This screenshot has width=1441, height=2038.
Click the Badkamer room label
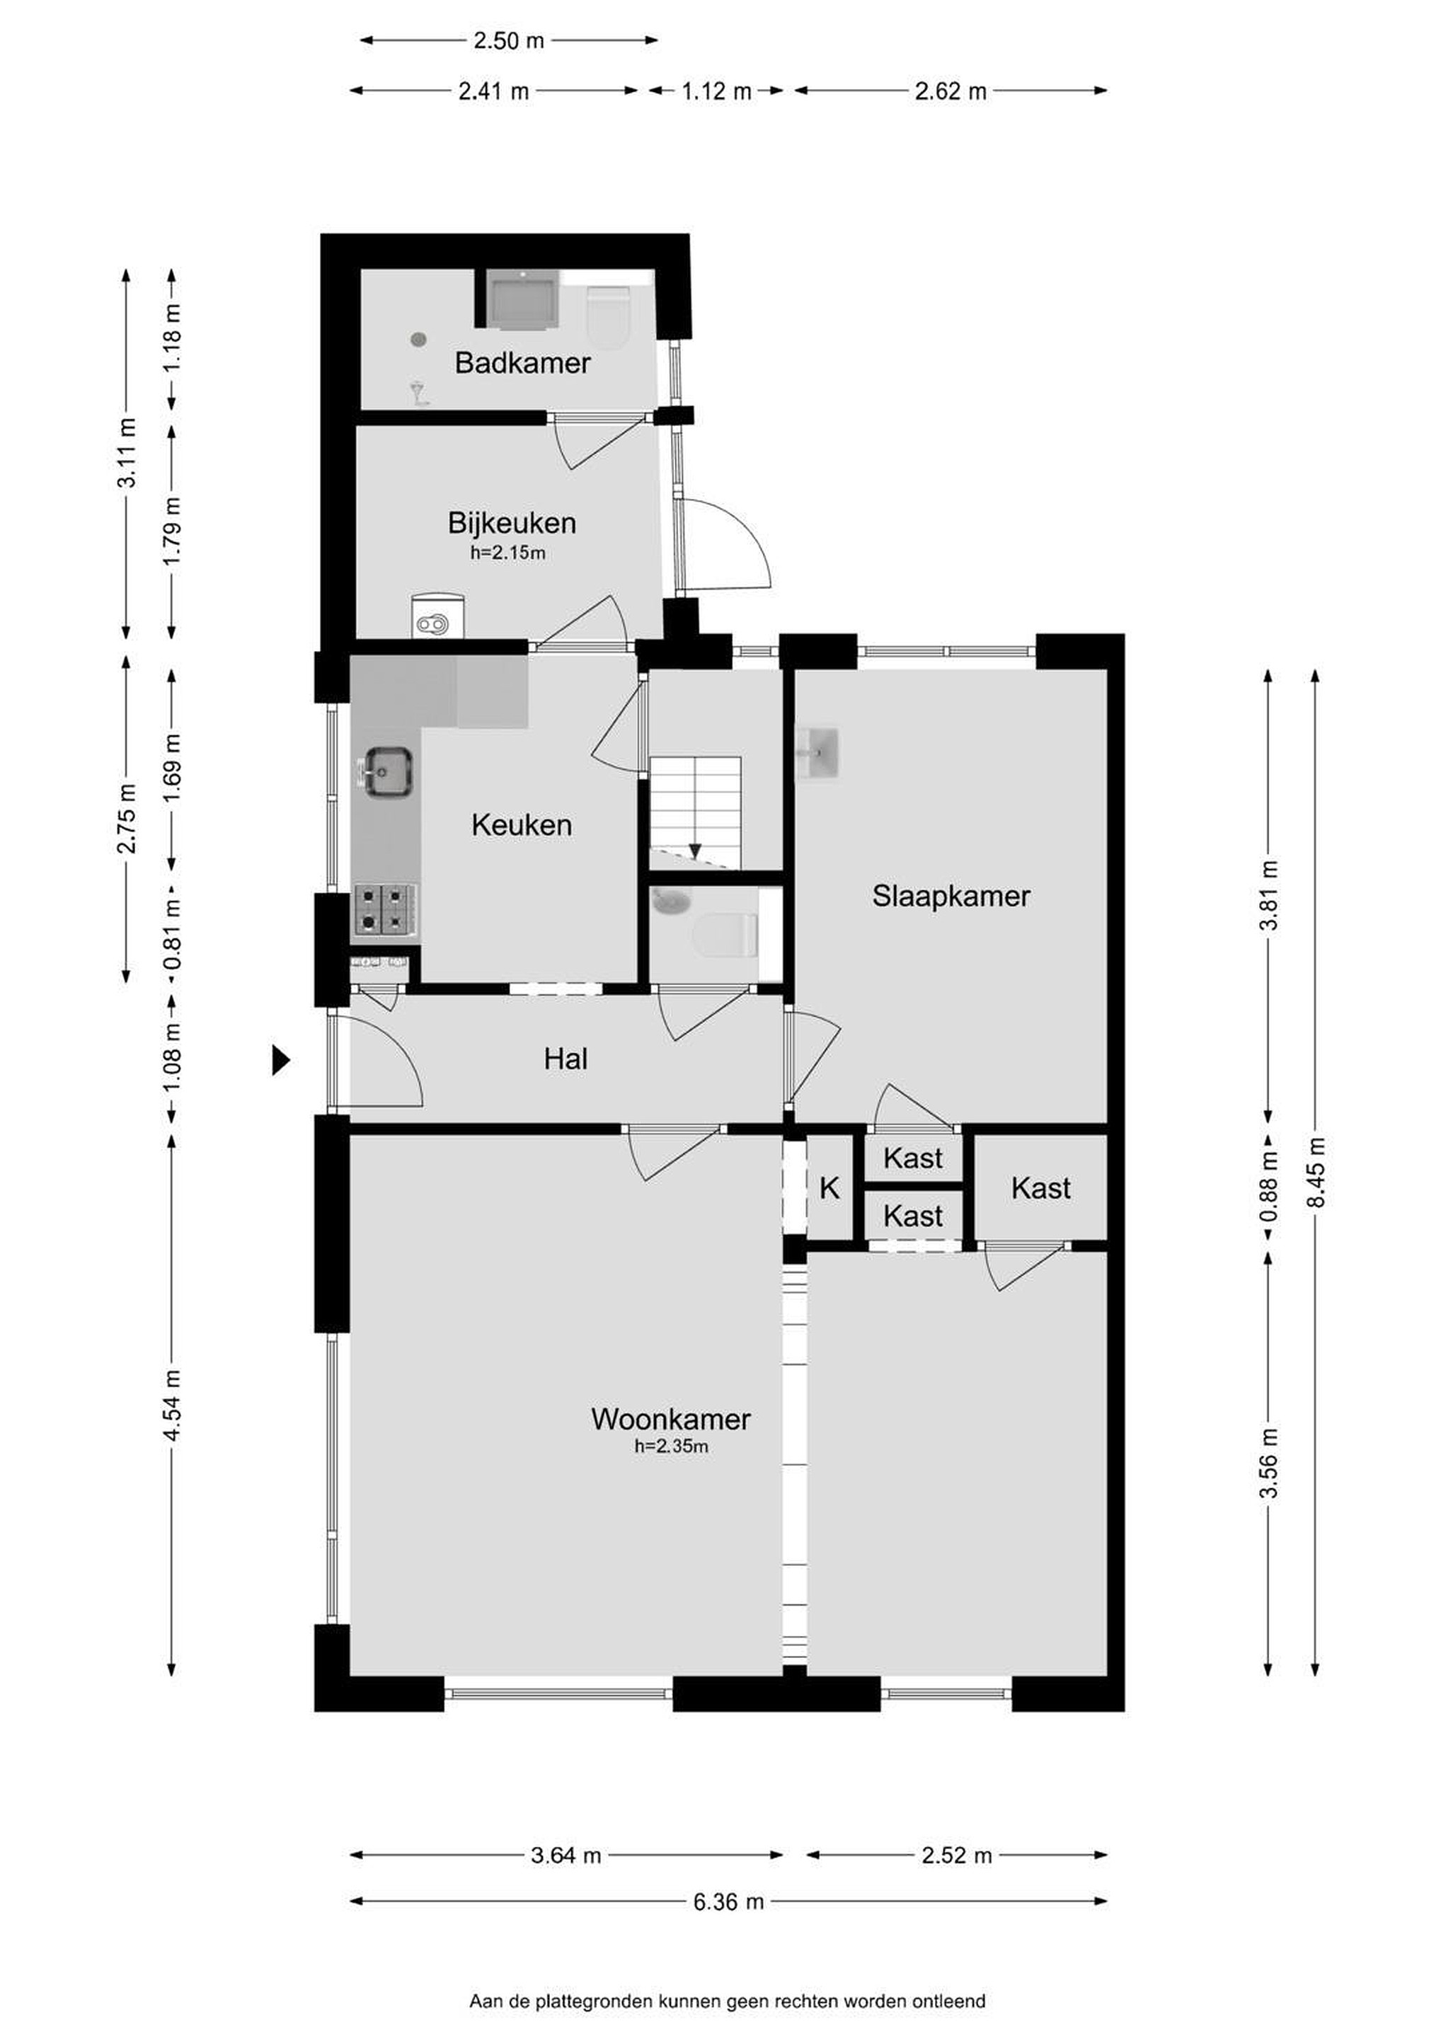pyautogui.click(x=522, y=362)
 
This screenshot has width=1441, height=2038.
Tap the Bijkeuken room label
pyautogui.click(x=512, y=523)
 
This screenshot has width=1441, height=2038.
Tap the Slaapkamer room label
pyautogui.click(x=951, y=896)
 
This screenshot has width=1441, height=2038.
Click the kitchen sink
pyautogui.click(x=387, y=771)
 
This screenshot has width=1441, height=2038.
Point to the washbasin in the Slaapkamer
pyautogui.click(x=817, y=753)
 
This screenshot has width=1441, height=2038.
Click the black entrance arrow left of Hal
pyautogui.click(x=280, y=1060)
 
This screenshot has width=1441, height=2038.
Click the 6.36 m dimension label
pyautogui.click(x=728, y=1901)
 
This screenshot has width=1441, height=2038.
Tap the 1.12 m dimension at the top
pyautogui.click(x=716, y=91)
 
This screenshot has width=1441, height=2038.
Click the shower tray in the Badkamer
pyautogui.click(x=522, y=300)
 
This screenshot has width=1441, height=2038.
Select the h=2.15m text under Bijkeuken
pyautogui.click(x=508, y=553)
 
